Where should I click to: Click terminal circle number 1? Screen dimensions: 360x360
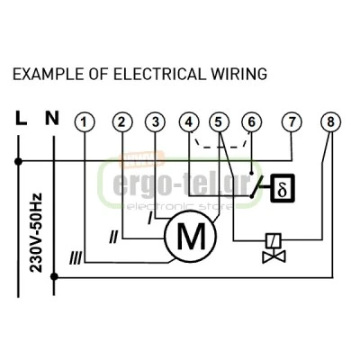[85, 122]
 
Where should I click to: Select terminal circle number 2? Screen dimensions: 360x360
[122, 122]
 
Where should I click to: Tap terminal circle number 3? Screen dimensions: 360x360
[155, 122]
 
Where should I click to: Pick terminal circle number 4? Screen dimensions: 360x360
[189, 122]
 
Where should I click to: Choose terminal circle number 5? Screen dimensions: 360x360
[219, 122]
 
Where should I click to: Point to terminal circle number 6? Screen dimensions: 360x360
[251, 122]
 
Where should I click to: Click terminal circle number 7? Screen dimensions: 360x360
[292, 122]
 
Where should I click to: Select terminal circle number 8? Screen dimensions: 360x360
[330, 122]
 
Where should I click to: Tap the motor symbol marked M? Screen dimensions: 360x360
[190, 236]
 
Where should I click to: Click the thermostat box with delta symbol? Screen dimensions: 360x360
[283, 188]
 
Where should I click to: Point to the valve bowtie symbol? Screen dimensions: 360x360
[274, 256]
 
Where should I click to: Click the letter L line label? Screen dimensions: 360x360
[21, 118]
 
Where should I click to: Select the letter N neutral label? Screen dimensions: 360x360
[52, 118]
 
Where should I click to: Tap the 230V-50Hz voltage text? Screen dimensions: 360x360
[36, 233]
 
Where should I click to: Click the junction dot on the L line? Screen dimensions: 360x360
[18, 161]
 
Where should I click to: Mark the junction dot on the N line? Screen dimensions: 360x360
[54, 276]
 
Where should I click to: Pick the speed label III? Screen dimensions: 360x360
[76, 258]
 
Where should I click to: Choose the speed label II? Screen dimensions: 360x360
[113, 237]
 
